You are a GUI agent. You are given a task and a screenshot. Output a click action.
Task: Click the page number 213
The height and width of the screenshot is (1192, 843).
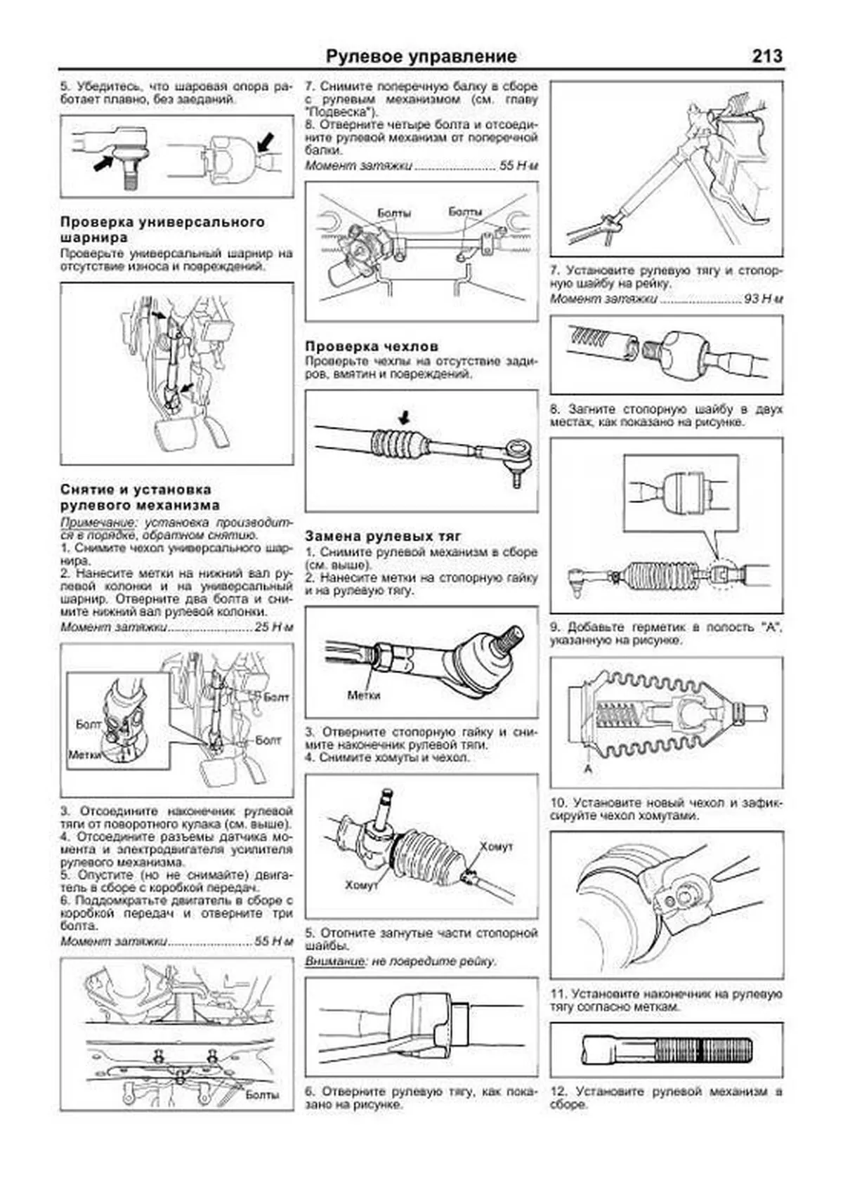click(x=766, y=56)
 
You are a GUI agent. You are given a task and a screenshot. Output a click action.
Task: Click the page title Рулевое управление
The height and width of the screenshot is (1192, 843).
click(x=421, y=56)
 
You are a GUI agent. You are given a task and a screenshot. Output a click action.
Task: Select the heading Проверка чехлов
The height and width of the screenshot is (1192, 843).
click(x=372, y=346)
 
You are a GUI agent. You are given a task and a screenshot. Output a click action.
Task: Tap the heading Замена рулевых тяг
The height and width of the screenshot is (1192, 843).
click(x=383, y=536)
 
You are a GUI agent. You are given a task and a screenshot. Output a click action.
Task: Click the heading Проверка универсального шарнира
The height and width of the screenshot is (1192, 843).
click(x=163, y=230)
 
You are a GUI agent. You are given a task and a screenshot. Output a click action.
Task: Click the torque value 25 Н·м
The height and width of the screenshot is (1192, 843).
click(x=274, y=627)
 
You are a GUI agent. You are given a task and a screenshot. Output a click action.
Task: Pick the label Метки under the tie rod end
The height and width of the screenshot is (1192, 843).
click(x=364, y=695)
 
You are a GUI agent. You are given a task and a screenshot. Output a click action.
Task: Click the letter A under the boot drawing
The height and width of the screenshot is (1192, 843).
click(x=589, y=769)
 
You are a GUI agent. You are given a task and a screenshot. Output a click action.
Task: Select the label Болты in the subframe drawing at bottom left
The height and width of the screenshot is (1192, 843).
click(x=262, y=1094)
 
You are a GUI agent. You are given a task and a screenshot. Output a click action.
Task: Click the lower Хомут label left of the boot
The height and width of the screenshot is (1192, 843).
click(x=362, y=885)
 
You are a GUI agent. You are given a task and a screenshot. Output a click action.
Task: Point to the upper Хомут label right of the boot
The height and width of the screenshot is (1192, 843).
click(x=497, y=846)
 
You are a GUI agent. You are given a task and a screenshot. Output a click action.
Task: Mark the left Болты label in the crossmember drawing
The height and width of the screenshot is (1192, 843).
click(x=394, y=212)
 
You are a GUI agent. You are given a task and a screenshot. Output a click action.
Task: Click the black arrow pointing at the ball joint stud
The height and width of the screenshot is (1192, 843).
click(x=103, y=164)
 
